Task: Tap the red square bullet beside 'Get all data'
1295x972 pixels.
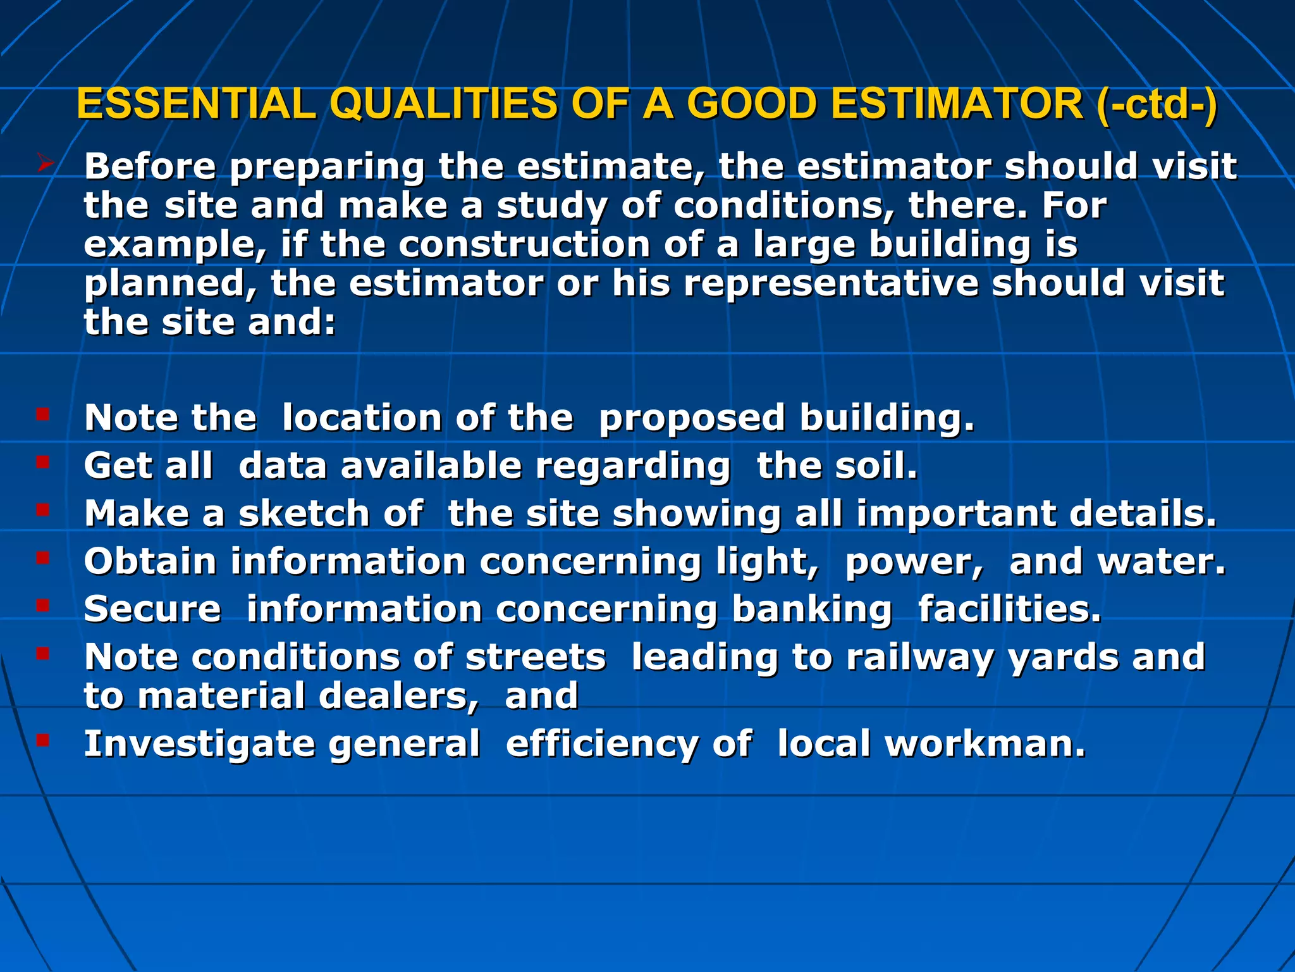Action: click(42, 463)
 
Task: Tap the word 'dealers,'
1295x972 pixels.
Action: click(398, 696)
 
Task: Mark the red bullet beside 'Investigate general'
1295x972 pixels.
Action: click(42, 739)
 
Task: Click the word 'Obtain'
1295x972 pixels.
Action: click(150, 561)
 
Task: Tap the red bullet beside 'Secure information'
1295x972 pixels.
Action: click(42, 606)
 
